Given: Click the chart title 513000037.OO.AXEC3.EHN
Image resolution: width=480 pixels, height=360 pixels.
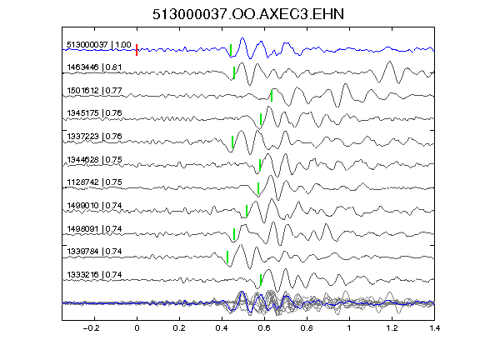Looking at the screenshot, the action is (x=248, y=14).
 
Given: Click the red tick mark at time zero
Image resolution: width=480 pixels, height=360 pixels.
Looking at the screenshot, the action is (x=137, y=50).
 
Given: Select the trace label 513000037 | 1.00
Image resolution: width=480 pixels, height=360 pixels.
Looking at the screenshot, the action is (x=99, y=45).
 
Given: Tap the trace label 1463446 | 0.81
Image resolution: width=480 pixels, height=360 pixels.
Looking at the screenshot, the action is (x=94, y=67).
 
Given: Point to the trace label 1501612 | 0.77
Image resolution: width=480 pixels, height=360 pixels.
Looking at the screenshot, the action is (x=94, y=90).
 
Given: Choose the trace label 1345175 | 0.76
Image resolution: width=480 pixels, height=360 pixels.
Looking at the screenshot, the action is (x=94, y=113).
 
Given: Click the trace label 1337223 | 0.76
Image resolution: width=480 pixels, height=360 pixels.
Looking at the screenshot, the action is (x=94, y=136).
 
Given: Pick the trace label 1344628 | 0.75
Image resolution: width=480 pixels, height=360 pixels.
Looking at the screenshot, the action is (x=94, y=159).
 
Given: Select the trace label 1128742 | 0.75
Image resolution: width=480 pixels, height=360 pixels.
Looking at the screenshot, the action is (x=94, y=182).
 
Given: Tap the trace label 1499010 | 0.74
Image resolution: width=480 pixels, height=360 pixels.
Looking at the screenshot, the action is (x=94, y=205).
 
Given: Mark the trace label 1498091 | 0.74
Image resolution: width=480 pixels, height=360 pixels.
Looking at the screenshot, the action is (x=94, y=228).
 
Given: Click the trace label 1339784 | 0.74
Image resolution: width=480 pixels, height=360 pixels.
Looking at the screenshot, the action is (x=94, y=252).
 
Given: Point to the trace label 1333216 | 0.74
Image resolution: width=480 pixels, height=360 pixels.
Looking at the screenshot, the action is (x=94, y=275).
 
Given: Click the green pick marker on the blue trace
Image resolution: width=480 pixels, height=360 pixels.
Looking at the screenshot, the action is (x=231, y=50).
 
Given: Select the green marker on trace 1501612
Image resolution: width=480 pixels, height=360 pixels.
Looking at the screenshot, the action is (x=272, y=96).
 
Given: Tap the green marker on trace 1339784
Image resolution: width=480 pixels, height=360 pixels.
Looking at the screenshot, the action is (x=227, y=257).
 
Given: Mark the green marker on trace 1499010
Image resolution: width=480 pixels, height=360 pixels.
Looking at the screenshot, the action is (x=247, y=211).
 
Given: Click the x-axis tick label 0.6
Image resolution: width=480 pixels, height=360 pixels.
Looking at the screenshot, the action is (x=264, y=328).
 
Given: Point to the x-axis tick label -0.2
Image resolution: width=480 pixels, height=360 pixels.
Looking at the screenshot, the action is (x=91, y=328).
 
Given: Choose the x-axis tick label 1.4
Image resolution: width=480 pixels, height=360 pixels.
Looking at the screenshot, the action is (x=434, y=328).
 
